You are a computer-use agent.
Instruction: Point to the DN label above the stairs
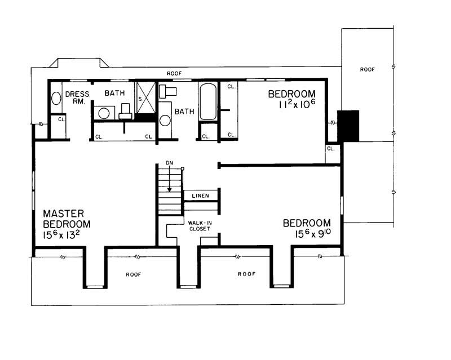pyautogui.click(x=169, y=163)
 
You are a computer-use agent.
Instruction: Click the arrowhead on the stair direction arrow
pyautogui.click(x=169, y=189)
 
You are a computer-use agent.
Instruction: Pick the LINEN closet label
pyautogui.click(x=201, y=196)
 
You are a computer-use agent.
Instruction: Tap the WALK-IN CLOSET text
pyautogui.click(x=200, y=226)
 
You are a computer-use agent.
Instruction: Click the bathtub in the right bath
pyautogui.click(x=208, y=102)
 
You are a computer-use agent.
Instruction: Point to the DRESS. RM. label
pyautogui.click(x=74, y=98)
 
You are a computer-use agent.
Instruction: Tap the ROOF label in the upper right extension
pyautogui.click(x=368, y=69)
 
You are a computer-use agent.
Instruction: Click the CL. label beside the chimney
pyautogui.click(x=331, y=149)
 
